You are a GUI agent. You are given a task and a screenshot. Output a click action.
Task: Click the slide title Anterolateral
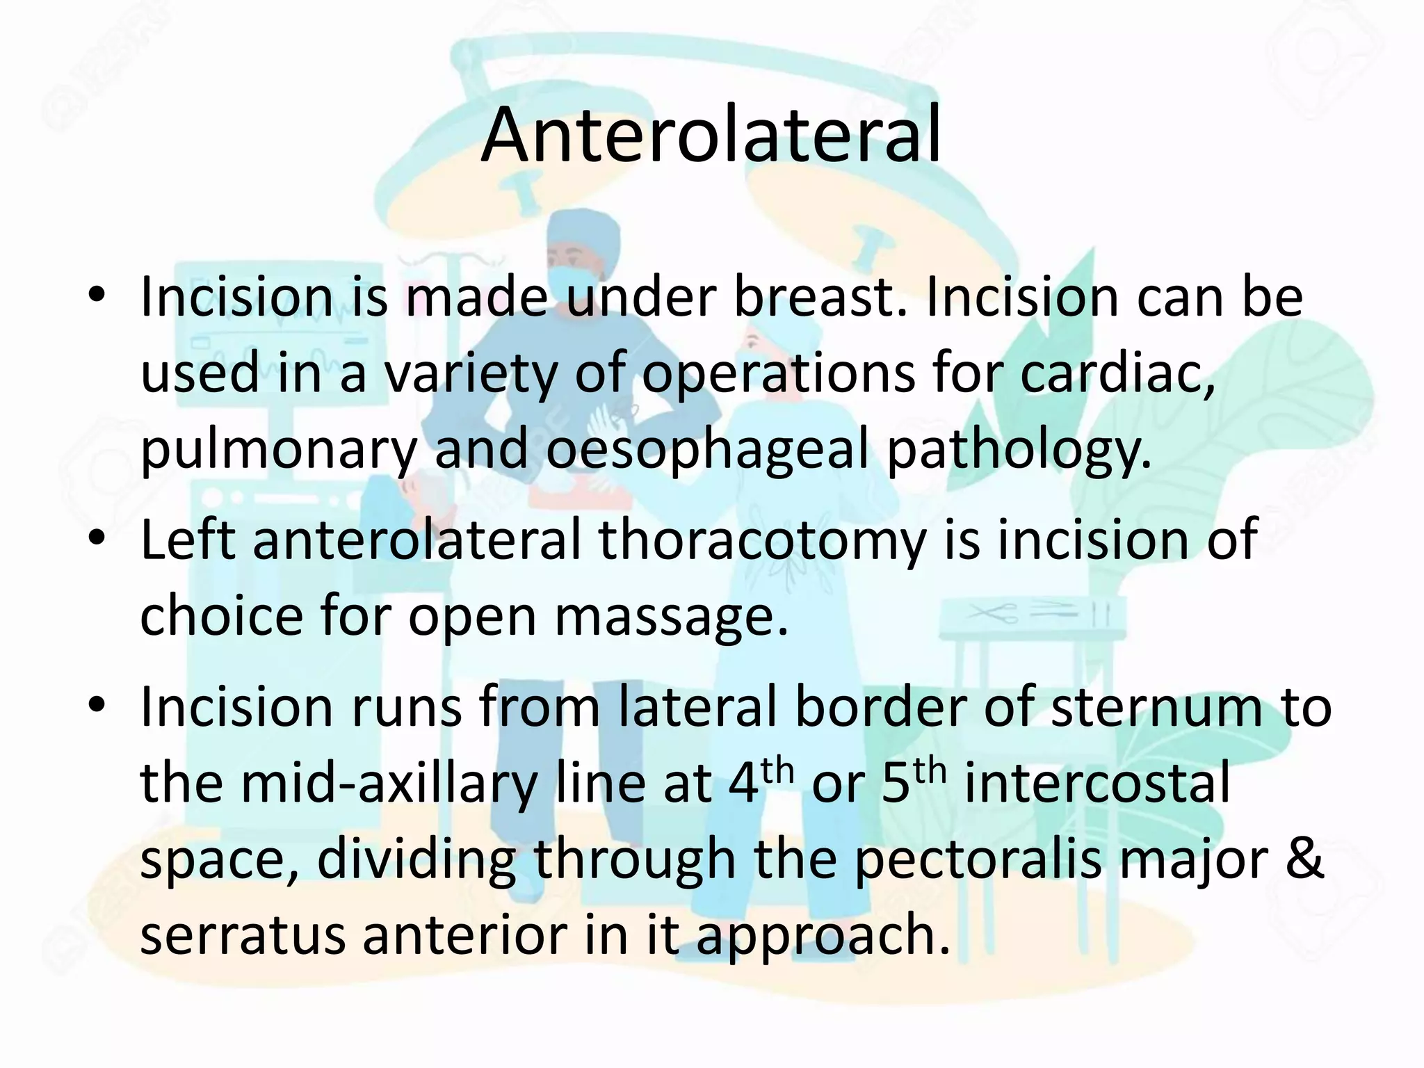point(711,136)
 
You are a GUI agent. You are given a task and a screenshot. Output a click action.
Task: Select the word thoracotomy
point(762,540)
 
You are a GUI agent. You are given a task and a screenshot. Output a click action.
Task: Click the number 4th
point(761,782)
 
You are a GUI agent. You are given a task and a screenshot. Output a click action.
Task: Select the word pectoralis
point(977,860)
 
